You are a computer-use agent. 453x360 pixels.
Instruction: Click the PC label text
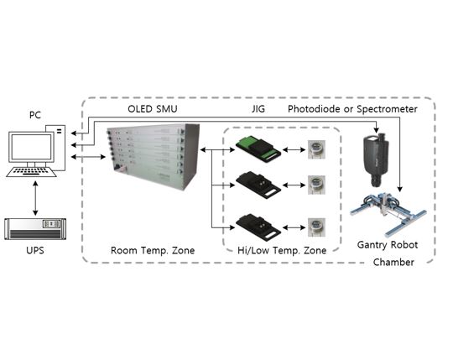click(x=35, y=115)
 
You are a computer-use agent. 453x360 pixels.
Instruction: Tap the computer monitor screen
click(x=31, y=148)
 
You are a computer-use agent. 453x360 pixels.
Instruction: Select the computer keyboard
click(x=31, y=172)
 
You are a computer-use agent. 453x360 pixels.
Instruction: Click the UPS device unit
click(x=35, y=229)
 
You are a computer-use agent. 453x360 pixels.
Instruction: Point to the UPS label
click(x=35, y=250)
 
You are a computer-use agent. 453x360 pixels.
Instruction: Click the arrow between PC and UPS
click(x=35, y=198)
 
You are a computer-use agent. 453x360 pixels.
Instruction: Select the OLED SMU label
click(x=153, y=109)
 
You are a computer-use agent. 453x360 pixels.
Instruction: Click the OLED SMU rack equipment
click(x=154, y=156)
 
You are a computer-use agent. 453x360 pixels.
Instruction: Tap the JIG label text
click(x=258, y=109)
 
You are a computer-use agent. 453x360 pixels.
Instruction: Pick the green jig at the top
click(x=258, y=150)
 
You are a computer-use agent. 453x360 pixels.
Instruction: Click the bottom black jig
click(x=258, y=227)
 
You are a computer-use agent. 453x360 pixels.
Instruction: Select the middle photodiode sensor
click(x=316, y=185)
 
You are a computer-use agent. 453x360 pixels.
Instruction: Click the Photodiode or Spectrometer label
click(x=352, y=109)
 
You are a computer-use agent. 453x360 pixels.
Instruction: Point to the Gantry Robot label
click(x=388, y=245)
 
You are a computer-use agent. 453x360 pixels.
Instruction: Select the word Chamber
click(x=393, y=262)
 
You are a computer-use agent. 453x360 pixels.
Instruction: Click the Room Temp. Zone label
click(x=153, y=250)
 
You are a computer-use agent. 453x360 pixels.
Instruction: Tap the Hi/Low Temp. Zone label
click(x=282, y=250)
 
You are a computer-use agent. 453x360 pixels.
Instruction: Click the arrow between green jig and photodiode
click(x=294, y=149)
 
